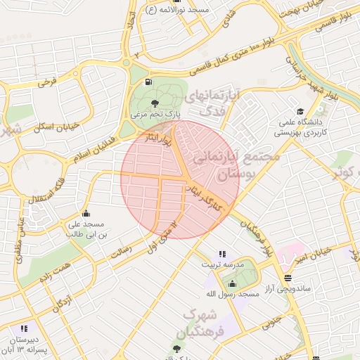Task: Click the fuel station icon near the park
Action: (x=148, y=82)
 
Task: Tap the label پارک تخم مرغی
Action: (x=158, y=113)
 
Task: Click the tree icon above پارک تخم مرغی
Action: (x=155, y=103)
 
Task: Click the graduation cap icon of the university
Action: (x=301, y=112)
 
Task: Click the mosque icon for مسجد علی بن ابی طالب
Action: (x=86, y=213)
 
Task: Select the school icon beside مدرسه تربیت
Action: (x=223, y=254)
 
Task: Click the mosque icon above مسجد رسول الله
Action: (x=233, y=283)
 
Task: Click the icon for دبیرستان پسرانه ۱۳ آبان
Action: (x=25, y=328)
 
